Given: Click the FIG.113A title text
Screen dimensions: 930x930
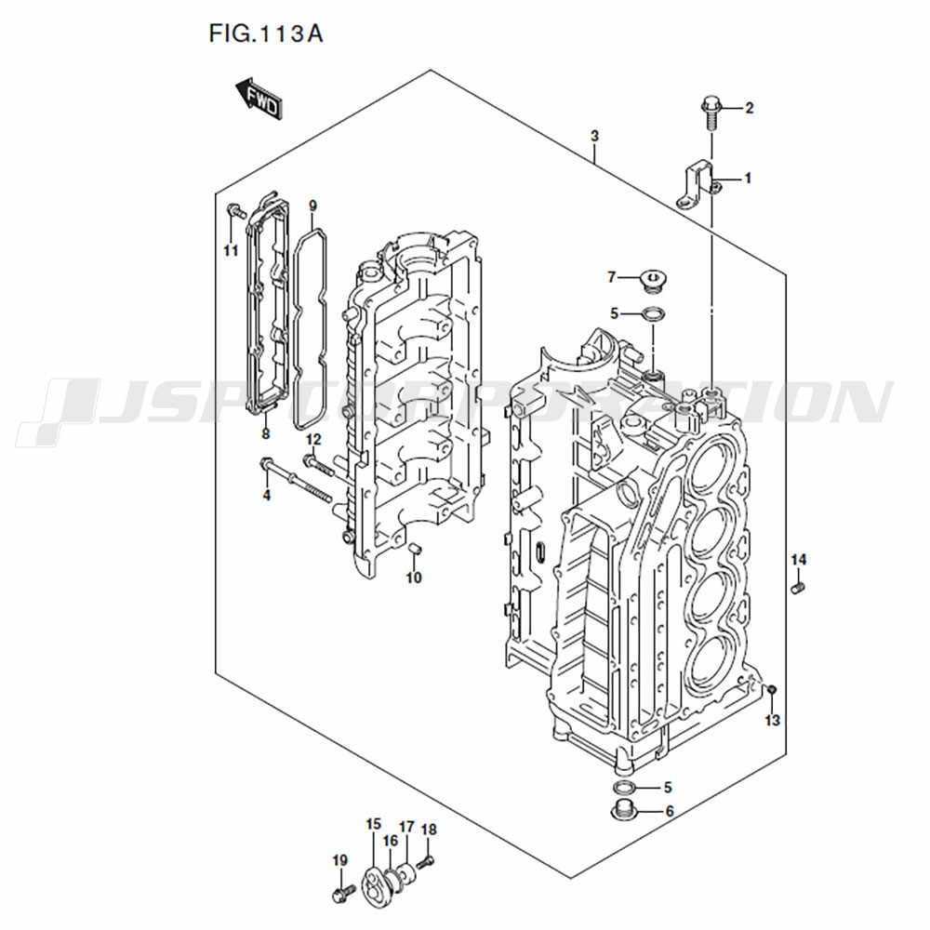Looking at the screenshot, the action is (265, 33).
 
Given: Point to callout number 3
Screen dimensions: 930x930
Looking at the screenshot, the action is (595, 136).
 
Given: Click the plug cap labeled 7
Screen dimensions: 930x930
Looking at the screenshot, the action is (652, 280).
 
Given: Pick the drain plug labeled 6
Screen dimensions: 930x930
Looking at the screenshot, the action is (626, 810).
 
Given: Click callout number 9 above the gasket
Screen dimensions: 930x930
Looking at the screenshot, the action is (312, 206).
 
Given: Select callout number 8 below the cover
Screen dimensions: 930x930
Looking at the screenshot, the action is (265, 433).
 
